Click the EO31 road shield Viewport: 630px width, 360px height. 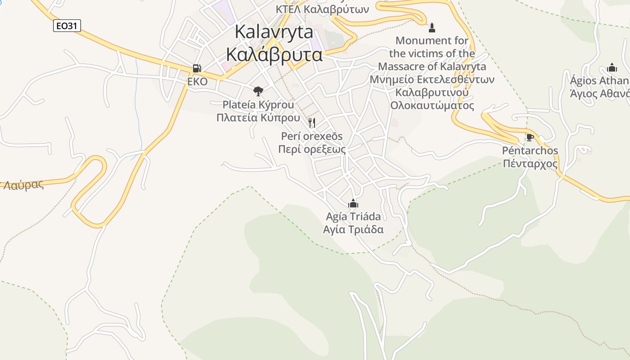[67, 26]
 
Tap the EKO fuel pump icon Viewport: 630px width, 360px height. [197, 68]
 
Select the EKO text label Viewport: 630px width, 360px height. [198, 82]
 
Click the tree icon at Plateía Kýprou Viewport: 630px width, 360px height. [258, 91]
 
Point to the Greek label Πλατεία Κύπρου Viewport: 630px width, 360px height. [258, 118]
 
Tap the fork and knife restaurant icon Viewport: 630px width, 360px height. [311, 122]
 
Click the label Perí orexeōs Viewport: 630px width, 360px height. [311, 136]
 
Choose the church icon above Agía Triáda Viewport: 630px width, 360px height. [353, 203]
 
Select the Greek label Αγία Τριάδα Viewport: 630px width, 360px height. [353, 229]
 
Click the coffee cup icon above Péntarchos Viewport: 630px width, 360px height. [530, 137]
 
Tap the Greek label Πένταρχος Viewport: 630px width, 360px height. [530, 163]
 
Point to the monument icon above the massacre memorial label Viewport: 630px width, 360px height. [432, 28]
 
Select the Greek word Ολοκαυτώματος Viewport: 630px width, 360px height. [432, 106]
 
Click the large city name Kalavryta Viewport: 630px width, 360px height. [274, 31]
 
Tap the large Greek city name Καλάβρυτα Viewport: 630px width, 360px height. [274, 54]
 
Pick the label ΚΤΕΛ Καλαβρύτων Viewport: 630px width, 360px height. [322, 9]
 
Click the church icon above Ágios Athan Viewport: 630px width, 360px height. [612, 68]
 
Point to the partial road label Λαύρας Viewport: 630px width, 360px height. [23, 184]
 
